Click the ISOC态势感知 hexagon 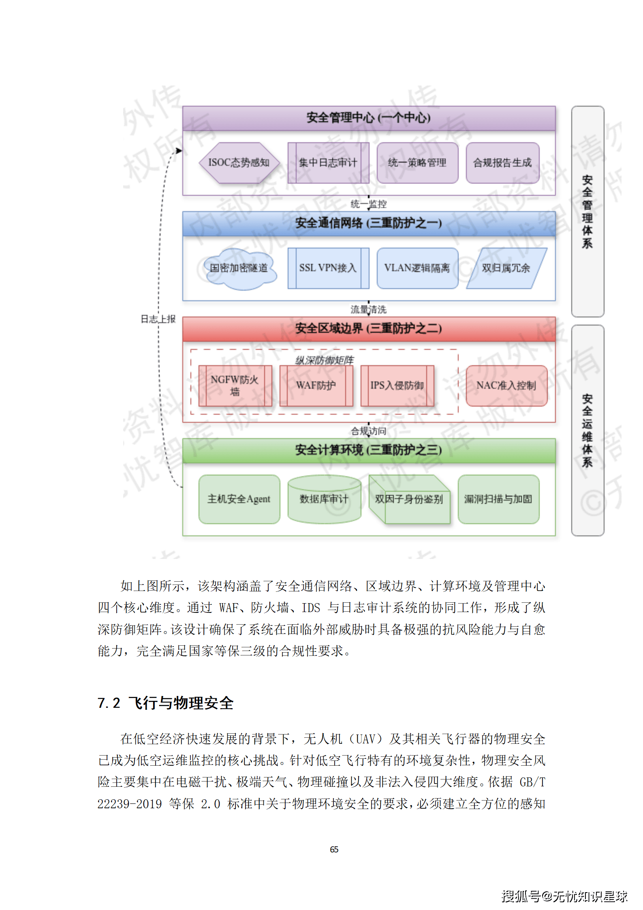(239, 163)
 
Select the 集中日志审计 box (328, 163)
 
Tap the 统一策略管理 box (417, 163)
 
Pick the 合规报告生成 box (502, 163)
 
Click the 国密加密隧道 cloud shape (239, 268)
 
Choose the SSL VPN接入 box (328, 268)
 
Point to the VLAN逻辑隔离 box (417, 268)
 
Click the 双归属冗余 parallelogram (506, 268)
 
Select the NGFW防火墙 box (235, 385)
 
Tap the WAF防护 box (316, 385)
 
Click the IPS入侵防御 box (397, 385)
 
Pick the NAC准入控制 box (506, 385)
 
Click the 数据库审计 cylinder (324, 499)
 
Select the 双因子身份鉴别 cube (409, 499)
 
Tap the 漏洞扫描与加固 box (498, 499)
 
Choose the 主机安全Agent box (239, 499)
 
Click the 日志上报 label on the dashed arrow (158, 319)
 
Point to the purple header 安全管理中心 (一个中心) (369, 118)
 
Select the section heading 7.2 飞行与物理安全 (166, 703)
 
